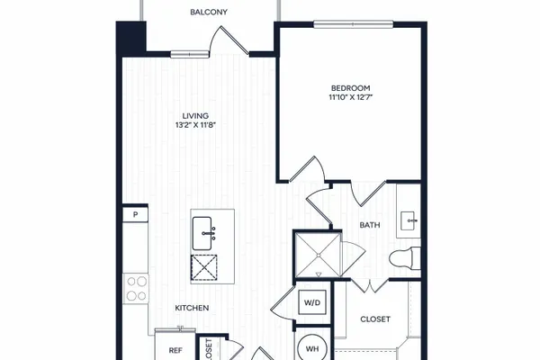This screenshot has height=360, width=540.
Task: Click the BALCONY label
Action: [209, 12]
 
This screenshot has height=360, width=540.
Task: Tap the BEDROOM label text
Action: [351, 88]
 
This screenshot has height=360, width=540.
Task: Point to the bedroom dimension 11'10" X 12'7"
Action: [351, 97]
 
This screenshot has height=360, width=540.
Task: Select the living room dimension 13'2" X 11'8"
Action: [195, 125]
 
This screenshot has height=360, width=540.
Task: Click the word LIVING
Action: [195, 116]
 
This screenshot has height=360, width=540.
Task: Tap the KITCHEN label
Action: [192, 308]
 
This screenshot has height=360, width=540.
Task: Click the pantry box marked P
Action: [135, 214]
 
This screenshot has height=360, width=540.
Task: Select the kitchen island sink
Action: [202, 233]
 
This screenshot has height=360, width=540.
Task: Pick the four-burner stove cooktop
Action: [136, 289]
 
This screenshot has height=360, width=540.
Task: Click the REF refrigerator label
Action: [175, 351]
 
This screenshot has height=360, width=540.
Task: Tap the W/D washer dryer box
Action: [312, 302]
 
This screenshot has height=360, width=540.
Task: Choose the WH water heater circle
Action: [312, 348]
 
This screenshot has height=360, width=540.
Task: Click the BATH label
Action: [370, 225]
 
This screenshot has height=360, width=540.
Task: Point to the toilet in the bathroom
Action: [405, 258]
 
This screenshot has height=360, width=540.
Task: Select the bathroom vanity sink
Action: [409, 220]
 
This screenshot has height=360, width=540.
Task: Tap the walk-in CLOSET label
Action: [375, 319]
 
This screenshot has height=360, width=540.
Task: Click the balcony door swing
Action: [229, 40]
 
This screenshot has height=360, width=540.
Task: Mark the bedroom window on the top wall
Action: [354, 24]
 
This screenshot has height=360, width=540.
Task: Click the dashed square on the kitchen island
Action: [204, 267]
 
